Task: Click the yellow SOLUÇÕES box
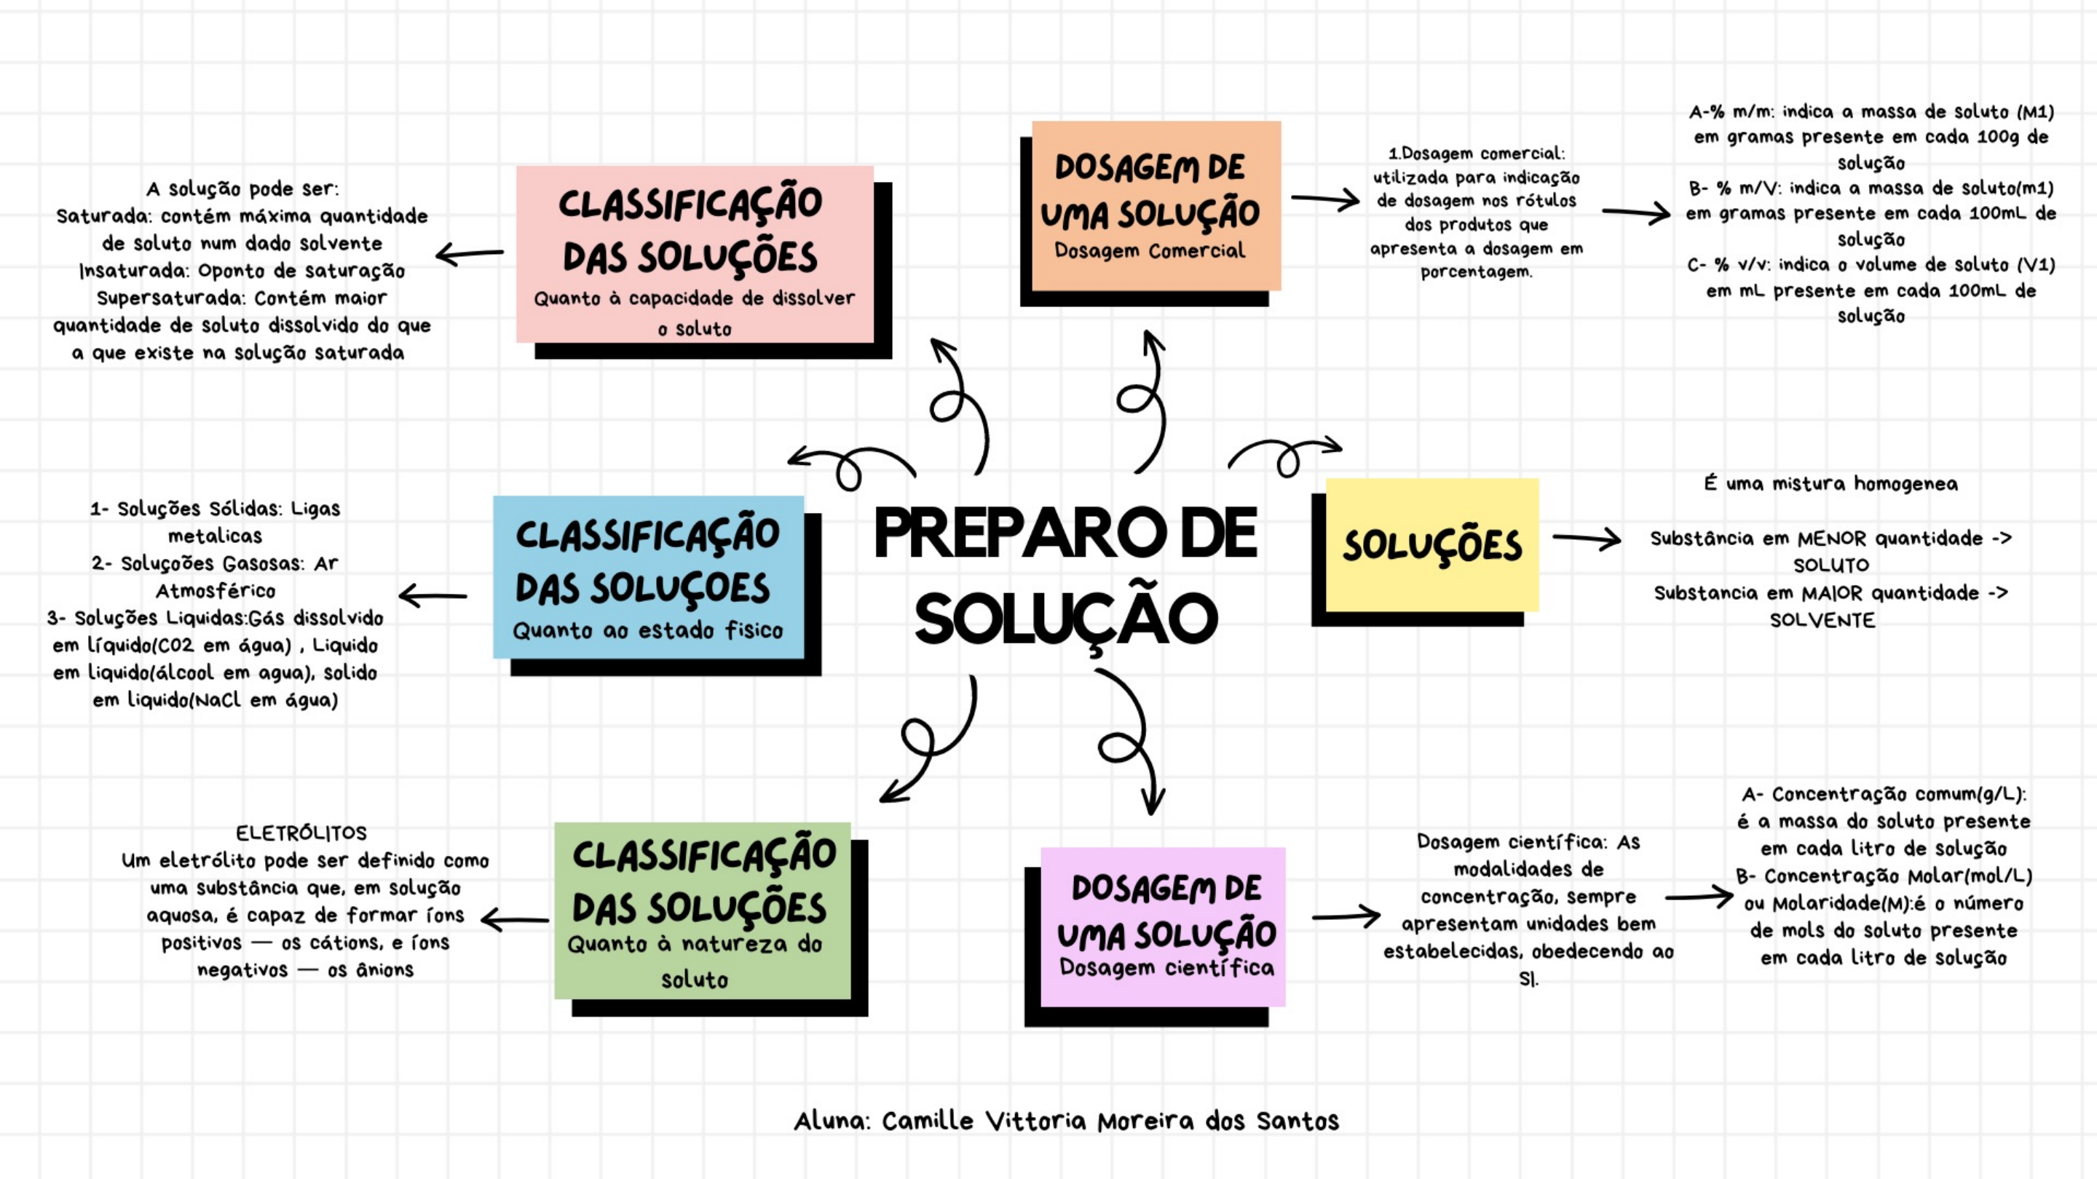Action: [x=1431, y=544]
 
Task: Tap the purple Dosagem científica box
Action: [x=1163, y=926]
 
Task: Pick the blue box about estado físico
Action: [x=648, y=577]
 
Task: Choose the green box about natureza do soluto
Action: [x=702, y=910]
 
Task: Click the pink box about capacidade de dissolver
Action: [x=695, y=254]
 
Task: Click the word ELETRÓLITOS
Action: [x=301, y=833]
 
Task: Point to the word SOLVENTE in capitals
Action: [x=1822, y=620]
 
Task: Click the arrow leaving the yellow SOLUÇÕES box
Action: [x=1586, y=538]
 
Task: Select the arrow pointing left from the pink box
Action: [x=470, y=255]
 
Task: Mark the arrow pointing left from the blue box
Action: [x=433, y=597]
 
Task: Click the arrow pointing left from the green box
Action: [x=515, y=920]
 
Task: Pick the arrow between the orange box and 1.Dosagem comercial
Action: [x=1324, y=199]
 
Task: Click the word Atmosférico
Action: [x=216, y=591]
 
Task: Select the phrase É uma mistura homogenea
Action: [x=1831, y=483]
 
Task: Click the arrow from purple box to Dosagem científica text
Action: [x=1346, y=916]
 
